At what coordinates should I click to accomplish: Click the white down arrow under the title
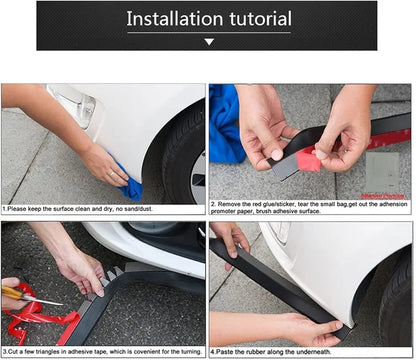coord(209,42)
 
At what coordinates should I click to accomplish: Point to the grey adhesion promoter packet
coord(386,169)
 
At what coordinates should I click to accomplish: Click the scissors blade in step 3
coord(45,299)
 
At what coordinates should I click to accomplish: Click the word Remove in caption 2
coord(230,204)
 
